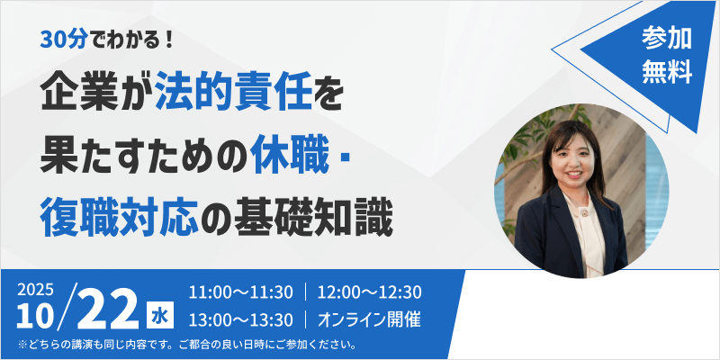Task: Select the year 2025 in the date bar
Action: (x=35, y=290)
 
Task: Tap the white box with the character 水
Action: (x=159, y=318)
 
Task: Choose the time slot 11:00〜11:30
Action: (x=240, y=293)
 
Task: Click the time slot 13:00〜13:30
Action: (x=240, y=320)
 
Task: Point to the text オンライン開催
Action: (x=369, y=320)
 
